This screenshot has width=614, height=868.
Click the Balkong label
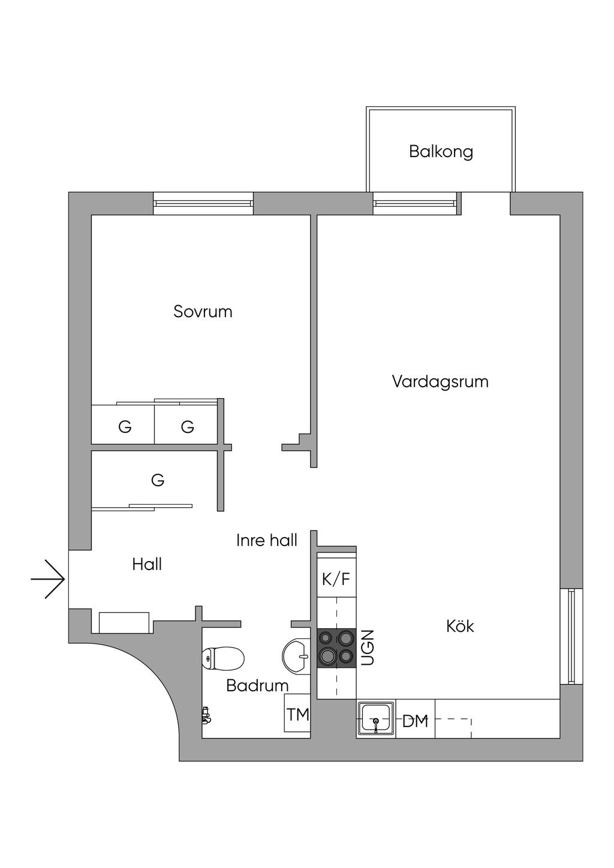point(441,152)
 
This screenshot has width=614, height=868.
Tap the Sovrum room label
point(203,312)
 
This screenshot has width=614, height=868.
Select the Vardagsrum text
point(440,381)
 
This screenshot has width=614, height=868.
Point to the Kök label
point(460,626)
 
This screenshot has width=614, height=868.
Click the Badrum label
point(257,686)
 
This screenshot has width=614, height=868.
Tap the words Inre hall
point(267,540)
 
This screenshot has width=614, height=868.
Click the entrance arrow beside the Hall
point(48,579)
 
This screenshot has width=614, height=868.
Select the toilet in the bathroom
point(223,658)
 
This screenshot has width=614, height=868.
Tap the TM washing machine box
point(297,713)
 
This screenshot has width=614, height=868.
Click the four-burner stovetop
point(336,648)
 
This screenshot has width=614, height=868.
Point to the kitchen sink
point(376,719)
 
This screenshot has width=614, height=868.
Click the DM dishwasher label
point(415,722)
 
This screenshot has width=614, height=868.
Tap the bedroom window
point(203,203)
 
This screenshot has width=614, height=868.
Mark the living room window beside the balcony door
point(414,203)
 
